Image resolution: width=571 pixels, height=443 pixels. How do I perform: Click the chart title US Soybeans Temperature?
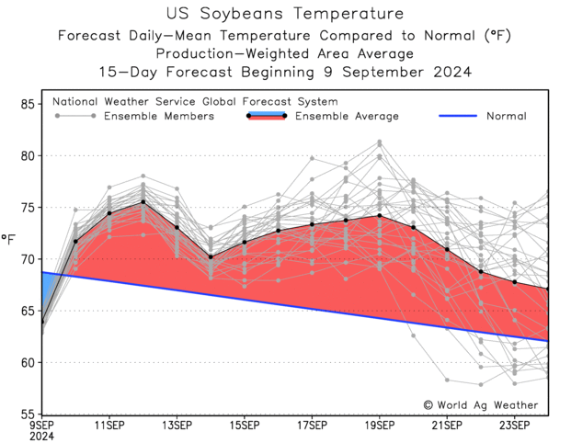point(285,14)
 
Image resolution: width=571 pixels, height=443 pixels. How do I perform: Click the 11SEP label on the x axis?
point(109,426)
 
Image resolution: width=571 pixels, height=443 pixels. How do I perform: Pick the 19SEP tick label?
point(380,426)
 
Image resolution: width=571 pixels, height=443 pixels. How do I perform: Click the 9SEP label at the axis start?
point(41,426)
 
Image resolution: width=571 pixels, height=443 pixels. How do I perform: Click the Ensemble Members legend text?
point(159,117)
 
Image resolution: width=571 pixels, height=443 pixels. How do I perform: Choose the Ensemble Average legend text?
point(347,117)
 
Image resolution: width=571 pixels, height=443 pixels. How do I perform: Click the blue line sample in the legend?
point(453,117)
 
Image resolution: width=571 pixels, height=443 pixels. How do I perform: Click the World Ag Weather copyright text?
point(481,404)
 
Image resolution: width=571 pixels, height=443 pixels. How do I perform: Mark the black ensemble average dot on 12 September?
point(143,202)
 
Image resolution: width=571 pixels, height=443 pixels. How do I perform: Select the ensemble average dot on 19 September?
point(380,216)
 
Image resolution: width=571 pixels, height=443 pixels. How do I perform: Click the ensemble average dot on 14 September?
point(211,257)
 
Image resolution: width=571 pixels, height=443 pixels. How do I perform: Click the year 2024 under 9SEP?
point(41,437)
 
